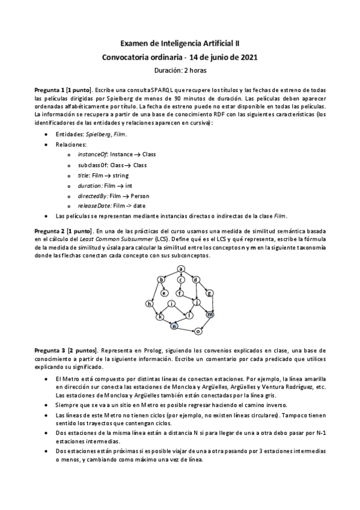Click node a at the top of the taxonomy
[180, 268]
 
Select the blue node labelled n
[174, 327]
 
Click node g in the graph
[210, 293]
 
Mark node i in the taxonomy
[173, 304]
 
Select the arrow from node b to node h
[155, 292]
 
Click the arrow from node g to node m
[210, 304]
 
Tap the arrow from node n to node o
[187, 329]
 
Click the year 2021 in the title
[248, 57]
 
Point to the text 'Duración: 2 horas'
[180, 70]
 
